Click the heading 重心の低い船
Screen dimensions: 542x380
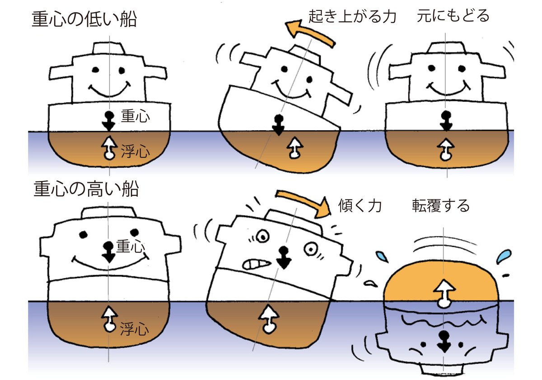coord(84,19)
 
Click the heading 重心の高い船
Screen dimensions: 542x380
coord(86,189)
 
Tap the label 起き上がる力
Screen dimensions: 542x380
coord(352,16)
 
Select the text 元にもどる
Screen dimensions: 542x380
coord(453,16)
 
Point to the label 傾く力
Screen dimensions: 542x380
coord(360,206)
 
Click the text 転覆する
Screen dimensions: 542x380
coord(441,206)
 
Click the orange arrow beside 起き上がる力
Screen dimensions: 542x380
coord(310,33)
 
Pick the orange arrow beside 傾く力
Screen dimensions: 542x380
coord(304,202)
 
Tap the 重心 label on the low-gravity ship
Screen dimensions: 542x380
coord(135,116)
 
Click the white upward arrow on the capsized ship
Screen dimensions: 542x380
coord(444,293)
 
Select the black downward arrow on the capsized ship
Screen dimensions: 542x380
coord(444,342)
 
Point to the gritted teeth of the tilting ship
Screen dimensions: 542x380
coord(256,264)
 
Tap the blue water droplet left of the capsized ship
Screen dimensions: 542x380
coord(382,257)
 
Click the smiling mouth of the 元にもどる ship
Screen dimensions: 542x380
coord(448,89)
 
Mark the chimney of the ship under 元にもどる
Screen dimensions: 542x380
coord(446,47)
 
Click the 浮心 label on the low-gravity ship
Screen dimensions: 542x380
coord(135,151)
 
